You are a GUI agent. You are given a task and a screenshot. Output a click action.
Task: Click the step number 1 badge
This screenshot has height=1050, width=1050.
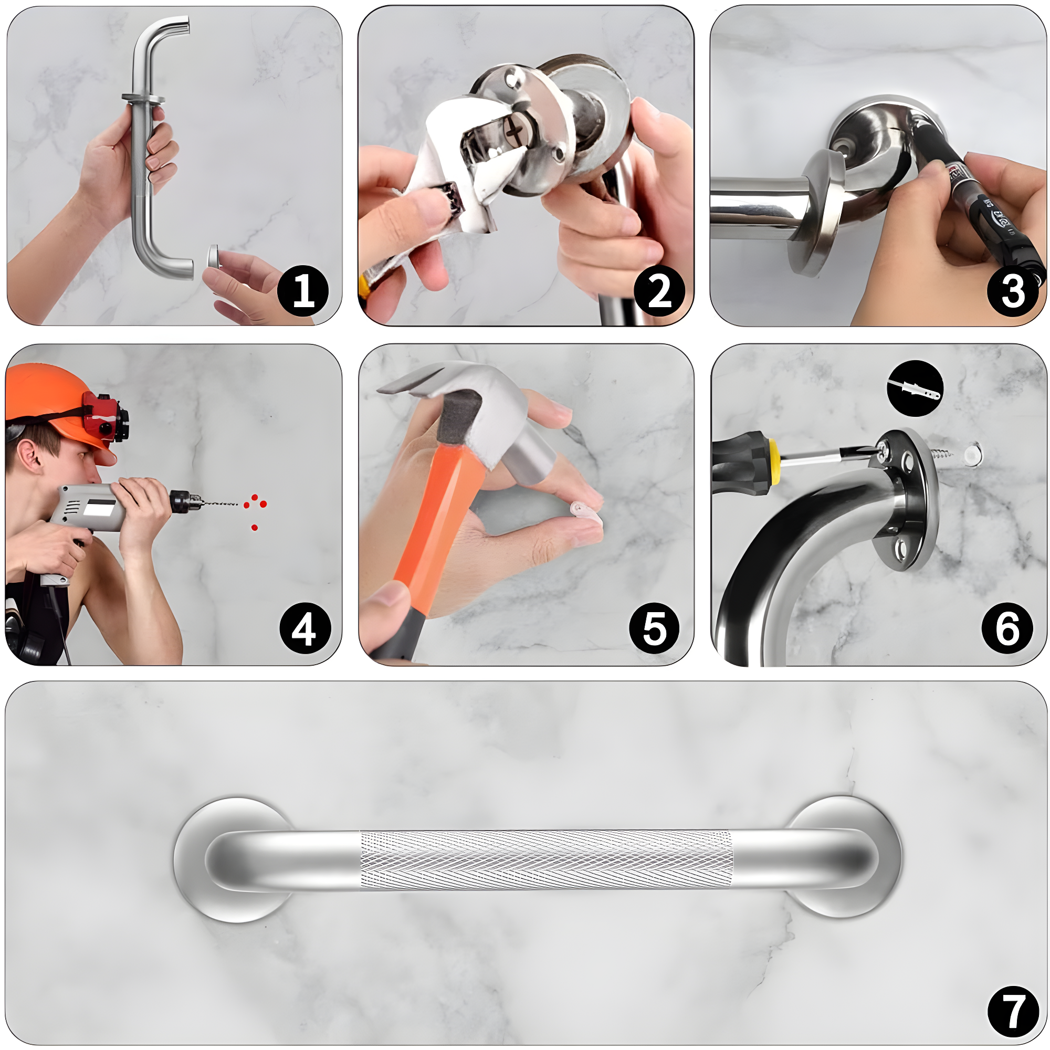coord(303,291)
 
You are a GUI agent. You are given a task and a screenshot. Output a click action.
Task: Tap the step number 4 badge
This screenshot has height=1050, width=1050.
coord(305,629)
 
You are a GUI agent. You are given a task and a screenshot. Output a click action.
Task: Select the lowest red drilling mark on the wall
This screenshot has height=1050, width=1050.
coord(254,527)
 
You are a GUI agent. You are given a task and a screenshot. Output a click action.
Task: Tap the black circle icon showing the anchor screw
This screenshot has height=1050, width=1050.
coord(915,388)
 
